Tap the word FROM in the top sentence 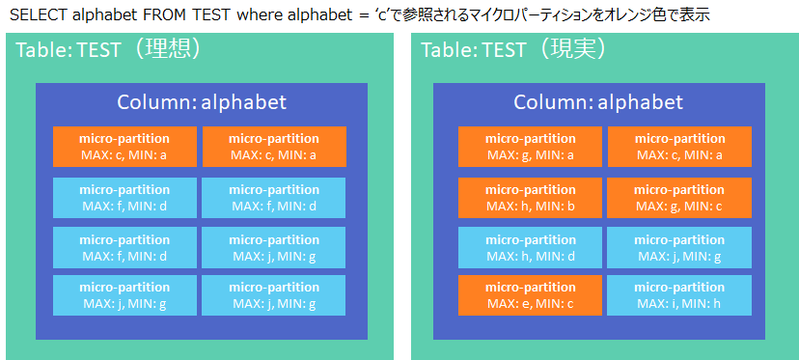(x=158, y=14)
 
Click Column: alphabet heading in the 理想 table (x=202, y=102)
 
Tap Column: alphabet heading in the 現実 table (x=598, y=102)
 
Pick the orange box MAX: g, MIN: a (x=530, y=147)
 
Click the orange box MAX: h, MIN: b (x=530, y=198)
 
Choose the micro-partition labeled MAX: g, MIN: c (x=679, y=198)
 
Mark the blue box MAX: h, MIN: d (x=530, y=248)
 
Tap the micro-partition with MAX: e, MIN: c (x=530, y=295)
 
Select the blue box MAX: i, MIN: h (x=679, y=295)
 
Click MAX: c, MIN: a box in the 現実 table (x=679, y=147)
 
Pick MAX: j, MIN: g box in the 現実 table (x=679, y=248)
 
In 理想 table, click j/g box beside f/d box (x=274, y=248)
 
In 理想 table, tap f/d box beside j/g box (x=124, y=248)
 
